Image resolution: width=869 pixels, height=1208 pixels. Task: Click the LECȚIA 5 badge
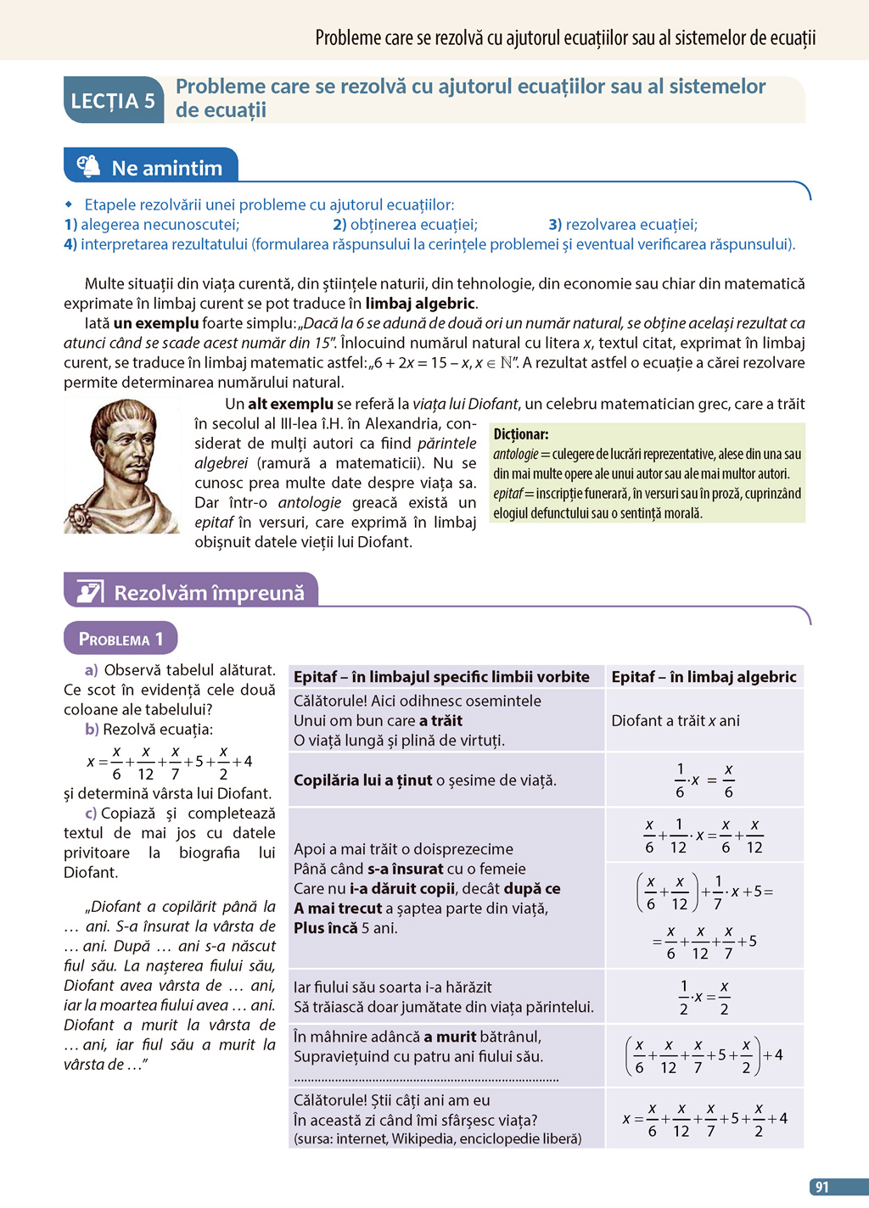[x=113, y=101]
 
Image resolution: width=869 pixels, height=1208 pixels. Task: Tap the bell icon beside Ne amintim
[x=88, y=166]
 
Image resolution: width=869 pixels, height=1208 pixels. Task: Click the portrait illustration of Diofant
[x=121, y=466]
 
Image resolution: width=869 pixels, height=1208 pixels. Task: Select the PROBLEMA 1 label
[x=120, y=639]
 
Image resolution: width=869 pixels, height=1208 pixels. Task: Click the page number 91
[x=821, y=1187]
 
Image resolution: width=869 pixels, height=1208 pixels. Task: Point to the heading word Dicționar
[x=520, y=433]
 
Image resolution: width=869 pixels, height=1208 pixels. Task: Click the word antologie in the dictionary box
[x=515, y=454]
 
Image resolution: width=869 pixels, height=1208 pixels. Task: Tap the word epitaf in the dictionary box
[x=507, y=494]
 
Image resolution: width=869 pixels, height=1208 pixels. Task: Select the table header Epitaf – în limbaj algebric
[x=704, y=676]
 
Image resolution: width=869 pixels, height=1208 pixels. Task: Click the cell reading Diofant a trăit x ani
[x=676, y=720]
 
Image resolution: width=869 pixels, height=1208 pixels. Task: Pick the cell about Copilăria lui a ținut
[x=424, y=780]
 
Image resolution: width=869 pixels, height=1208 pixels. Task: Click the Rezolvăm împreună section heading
[x=209, y=592]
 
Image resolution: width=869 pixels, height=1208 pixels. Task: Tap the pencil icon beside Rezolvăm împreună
[x=89, y=591]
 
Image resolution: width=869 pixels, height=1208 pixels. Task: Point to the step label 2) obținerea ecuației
[x=405, y=224]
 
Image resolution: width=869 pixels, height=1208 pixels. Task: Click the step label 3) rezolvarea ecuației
[x=623, y=224]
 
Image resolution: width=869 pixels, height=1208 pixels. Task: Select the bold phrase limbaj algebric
[x=420, y=303]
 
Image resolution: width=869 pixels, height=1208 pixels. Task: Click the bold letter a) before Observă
[x=91, y=670]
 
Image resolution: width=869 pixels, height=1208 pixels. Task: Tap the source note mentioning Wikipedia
[x=437, y=1138]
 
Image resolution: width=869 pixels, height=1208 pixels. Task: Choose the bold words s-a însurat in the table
[x=405, y=869]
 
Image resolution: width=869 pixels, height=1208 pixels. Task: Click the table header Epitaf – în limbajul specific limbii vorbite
[x=441, y=676]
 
